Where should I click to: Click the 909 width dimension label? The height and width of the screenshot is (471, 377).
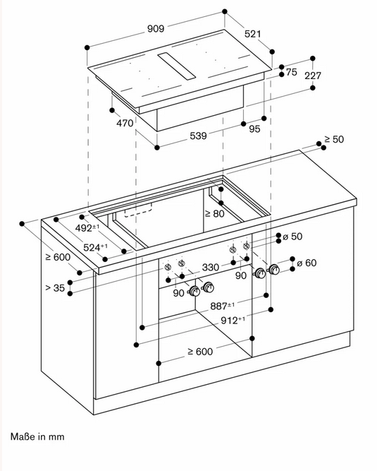tap(156, 28)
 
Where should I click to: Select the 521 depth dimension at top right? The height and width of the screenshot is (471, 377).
tap(253, 34)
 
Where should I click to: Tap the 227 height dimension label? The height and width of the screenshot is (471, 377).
tap(313, 76)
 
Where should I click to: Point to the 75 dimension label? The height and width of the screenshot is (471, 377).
tap(291, 72)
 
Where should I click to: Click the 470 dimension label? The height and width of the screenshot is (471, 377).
tap(125, 123)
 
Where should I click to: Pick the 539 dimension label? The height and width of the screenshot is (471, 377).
tap(199, 136)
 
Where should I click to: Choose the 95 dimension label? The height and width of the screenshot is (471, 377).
tap(254, 129)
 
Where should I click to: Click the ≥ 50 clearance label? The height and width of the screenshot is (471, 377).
tap(334, 139)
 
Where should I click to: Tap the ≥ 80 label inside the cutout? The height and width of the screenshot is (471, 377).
tap(214, 213)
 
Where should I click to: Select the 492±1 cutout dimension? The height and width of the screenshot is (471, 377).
tap(87, 228)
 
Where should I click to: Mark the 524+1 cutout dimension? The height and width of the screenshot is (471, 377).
tap(95, 248)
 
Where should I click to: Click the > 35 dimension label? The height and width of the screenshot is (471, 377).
tap(55, 288)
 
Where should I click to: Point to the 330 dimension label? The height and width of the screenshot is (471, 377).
tap(211, 267)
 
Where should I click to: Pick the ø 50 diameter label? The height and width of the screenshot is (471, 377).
tap(292, 237)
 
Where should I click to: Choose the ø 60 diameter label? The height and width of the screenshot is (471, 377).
tap(307, 263)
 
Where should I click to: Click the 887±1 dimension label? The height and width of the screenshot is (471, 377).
tap(223, 306)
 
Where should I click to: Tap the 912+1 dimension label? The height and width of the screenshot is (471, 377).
tap(233, 320)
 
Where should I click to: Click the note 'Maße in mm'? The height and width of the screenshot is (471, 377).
tap(37, 436)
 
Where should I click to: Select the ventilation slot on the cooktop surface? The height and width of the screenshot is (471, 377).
tap(177, 66)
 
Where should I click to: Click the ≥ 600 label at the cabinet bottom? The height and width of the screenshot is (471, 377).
tap(200, 351)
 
